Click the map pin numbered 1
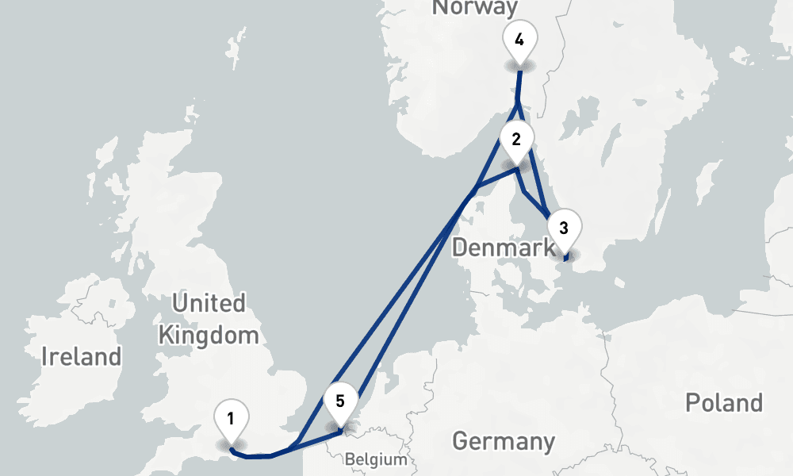(231, 420)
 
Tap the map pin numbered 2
(516, 141)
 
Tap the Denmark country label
(503, 248)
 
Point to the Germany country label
(503, 441)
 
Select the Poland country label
(723, 402)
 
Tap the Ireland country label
(82, 356)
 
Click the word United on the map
(209, 303)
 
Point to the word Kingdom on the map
(209, 335)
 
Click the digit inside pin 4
(519, 40)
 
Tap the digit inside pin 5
(340, 400)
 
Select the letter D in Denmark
(459, 248)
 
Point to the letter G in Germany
(459, 441)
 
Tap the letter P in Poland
(691, 402)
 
